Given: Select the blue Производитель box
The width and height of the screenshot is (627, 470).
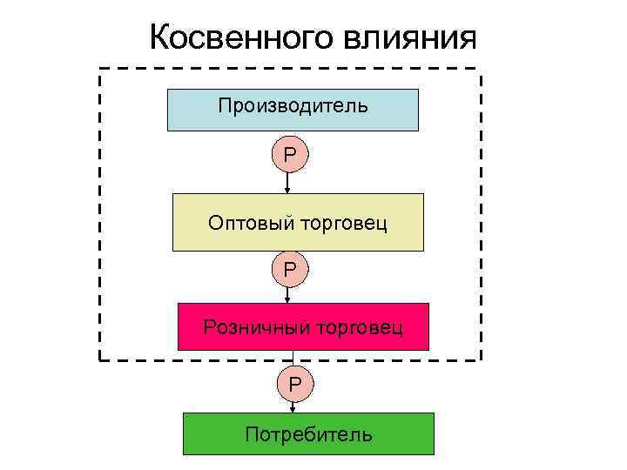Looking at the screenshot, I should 293,110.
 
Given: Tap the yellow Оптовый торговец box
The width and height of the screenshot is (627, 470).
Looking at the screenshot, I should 298,223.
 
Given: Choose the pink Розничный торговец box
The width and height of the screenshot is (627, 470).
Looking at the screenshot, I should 303,326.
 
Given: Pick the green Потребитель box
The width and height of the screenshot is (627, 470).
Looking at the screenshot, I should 308,433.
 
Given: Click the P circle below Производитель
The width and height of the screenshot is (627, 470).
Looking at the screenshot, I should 289,155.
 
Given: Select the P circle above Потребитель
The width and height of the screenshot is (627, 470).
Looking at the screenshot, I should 294,381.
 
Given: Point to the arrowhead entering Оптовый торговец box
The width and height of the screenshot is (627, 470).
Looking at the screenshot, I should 288,190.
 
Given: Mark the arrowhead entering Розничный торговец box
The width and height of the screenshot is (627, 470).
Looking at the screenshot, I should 288,299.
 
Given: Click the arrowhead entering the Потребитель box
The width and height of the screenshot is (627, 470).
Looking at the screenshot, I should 294,409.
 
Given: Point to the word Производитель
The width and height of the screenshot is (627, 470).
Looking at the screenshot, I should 293,106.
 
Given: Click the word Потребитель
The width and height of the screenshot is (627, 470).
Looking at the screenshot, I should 308,433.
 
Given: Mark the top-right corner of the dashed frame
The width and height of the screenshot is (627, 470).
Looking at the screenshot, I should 480,69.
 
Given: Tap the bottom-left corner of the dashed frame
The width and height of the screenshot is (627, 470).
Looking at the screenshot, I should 100,359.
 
